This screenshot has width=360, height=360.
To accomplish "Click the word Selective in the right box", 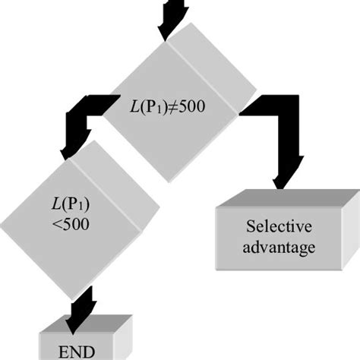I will point(278,226).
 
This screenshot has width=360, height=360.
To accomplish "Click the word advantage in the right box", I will point(278,248).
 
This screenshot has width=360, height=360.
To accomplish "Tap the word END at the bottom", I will point(75,352).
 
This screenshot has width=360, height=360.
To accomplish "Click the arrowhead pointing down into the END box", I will point(77,309).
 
